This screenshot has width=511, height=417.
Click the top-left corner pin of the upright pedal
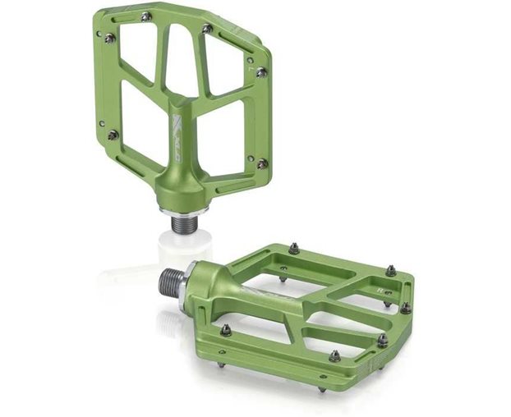(109, 38)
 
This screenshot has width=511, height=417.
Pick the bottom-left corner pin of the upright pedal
(113, 135)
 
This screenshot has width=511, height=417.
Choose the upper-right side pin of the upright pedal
(261, 72)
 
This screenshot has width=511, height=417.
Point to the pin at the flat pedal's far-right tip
(406, 308)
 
